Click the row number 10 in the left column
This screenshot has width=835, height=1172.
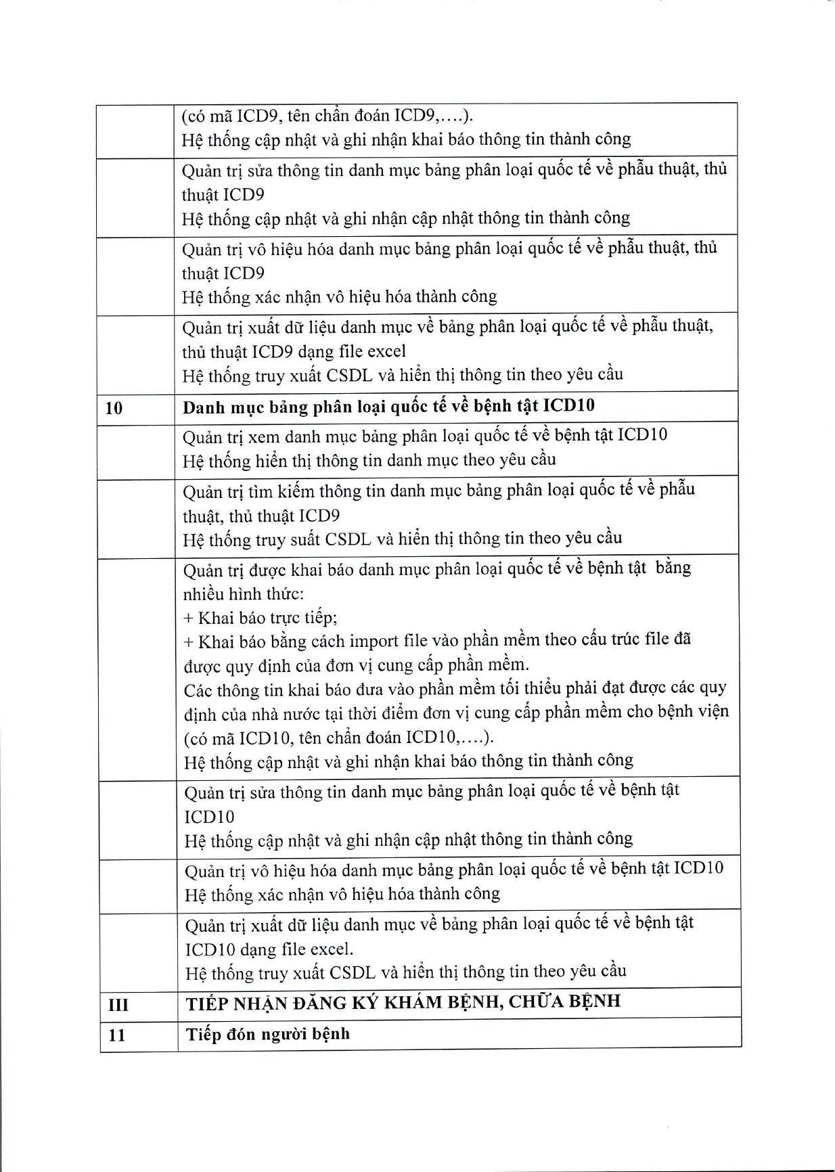pyautogui.click(x=114, y=408)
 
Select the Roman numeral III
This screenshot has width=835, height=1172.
pyautogui.click(x=118, y=1005)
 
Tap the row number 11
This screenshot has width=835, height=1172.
pyautogui.click(x=116, y=1035)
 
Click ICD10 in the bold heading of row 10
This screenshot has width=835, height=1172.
pyautogui.click(x=568, y=405)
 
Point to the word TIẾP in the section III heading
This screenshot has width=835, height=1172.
pyautogui.click(x=207, y=1003)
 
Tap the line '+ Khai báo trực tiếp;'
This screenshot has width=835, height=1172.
pyautogui.click(x=261, y=617)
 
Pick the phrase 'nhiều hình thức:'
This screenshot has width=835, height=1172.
pyautogui.click(x=243, y=593)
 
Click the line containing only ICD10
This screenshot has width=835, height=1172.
pyautogui.click(x=209, y=817)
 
